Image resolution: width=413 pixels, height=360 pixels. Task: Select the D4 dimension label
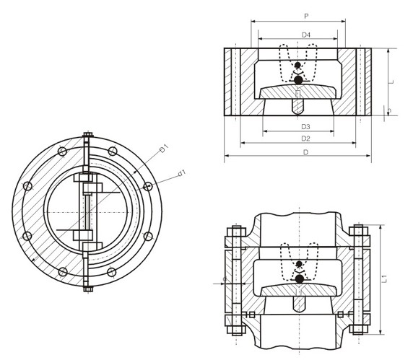tap(306, 35)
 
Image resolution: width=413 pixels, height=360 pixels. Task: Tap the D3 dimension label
tap(305, 127)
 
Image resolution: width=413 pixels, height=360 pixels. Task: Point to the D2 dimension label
tap(305, 138)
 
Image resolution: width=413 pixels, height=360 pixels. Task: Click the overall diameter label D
tap(305, 152)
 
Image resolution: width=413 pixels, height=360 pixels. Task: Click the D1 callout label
tap(165, 148)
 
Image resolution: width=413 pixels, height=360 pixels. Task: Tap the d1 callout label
tap(181, 172)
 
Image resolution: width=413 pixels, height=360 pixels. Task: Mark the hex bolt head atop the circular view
tap(87, 135)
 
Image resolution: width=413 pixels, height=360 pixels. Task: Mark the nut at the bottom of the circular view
tap(87, 290)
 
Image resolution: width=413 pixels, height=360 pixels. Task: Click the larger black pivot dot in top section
tap(298, 80)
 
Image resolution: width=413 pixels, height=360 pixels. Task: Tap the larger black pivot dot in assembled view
tap(298, 278)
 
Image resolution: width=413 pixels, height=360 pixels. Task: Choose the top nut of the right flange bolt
tap(358, 232)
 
